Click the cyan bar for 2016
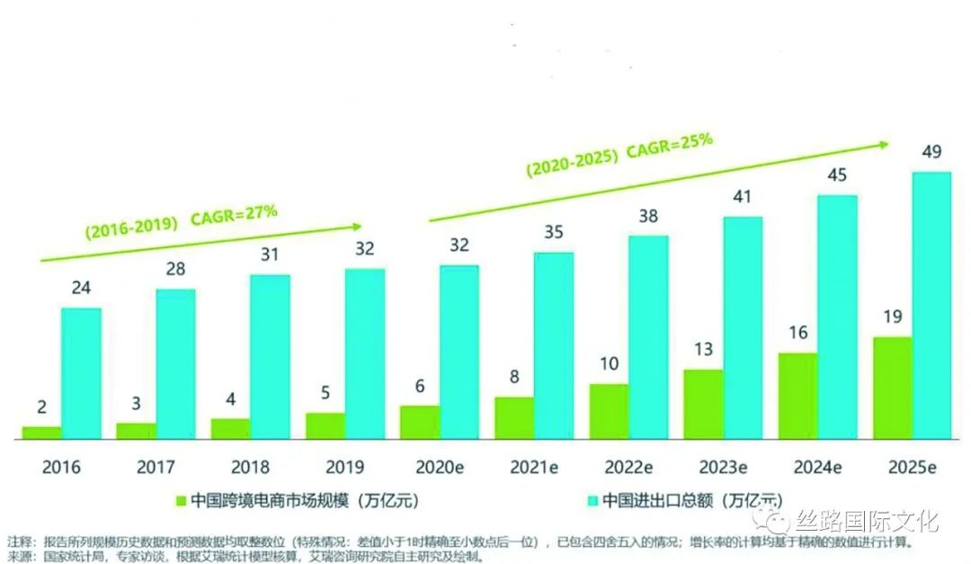click(81, 373)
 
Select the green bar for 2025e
click(892, 389)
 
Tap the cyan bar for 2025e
click(931, 306)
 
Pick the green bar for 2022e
click(609, 412)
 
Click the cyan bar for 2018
click(270, 357)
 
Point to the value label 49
click(931, 152)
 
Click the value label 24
click(81, 289)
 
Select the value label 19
click(892, 317)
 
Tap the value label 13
click(703, 349)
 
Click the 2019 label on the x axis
click(345, 468)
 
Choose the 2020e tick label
click(440, 468)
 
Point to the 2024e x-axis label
click(817, 468)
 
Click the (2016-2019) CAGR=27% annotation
click(181, 220)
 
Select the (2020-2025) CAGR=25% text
click(619, 148)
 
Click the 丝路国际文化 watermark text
click(864, 521)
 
